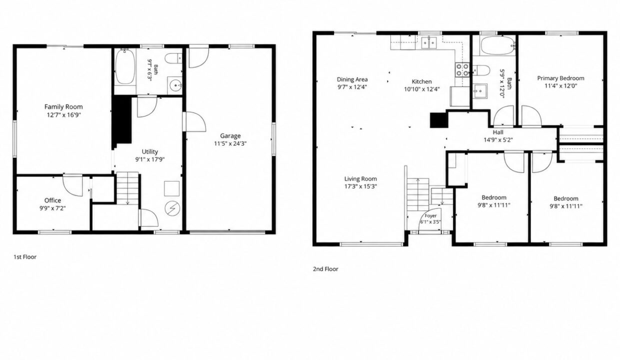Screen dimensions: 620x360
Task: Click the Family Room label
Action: pyautogui.click(x=63, y=107)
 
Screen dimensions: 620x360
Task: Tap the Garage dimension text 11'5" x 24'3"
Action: pyautogui.click(x=230, y=143)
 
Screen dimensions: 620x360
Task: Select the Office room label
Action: pyautogui.click(x=52, y=200)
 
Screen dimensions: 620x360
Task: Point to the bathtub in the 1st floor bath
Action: pyautogui.click(x=125, y=66)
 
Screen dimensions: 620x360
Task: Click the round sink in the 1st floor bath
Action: pyautogui.click(x=175, y=85)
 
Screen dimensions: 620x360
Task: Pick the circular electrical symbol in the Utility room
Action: pyautogui.click(x=172, y=208)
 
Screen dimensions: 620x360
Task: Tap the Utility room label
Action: pyautogui.click(x=149, y=151)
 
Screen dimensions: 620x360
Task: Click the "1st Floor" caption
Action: pyautogui.click(x=25, y=257)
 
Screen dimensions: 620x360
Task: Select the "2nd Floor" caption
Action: pyautogui.click(x=325, y=269)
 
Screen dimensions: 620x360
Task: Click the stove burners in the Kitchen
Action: pyautogui.click(x=462, y=69)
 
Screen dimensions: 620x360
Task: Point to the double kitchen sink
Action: pyautogui.click(x=428, y=43)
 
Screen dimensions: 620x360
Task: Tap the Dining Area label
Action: pyautogui.click(x=352, y=79)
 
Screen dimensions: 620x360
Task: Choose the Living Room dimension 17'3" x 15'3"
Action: pyautogui.click(x=360, y=186)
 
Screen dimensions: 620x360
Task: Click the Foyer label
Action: pyautogui.click(x=430, y=216)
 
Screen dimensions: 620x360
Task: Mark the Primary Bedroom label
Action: pyautogui.click(x=561, y=78)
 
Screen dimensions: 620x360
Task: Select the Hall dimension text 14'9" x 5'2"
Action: pyautogui.click(x=498, y=140)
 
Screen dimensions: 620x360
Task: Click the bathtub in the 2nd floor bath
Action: pyautogui.click(x=498, y=45)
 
